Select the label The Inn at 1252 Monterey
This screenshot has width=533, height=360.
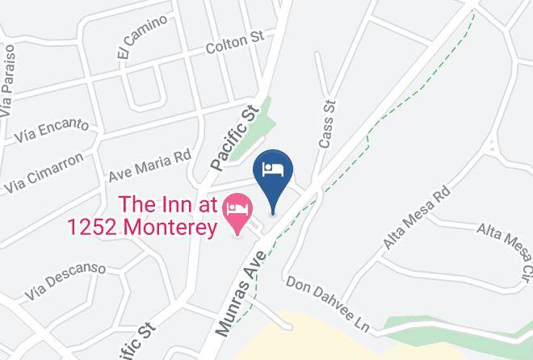169,217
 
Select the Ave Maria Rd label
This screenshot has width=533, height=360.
149,165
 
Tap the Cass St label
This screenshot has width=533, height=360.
327,125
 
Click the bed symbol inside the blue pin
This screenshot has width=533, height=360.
273,169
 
